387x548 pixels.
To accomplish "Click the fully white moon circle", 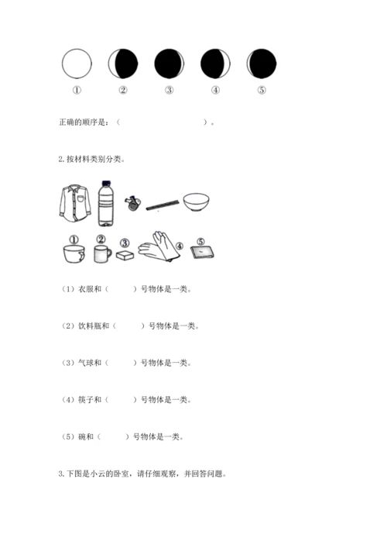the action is tap(77, 64).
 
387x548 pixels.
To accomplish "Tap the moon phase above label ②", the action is tap(123, 64).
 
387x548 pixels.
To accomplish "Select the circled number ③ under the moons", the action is tap(170, 90).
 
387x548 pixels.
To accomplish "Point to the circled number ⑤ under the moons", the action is tap(262, 90).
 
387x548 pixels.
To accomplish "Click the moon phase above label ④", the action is tap(215, 64).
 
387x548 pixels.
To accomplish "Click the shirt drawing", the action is tap(74, 203).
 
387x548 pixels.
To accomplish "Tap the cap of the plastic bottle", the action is tap(105, 183).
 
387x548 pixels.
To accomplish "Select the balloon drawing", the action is tap(132, 203).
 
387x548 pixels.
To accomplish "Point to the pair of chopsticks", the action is tap(163, 205).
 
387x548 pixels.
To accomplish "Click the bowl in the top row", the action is tap(196, 203).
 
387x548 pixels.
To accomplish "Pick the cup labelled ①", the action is tap(74, 253).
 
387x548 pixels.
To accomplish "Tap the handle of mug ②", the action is tap(109, 253).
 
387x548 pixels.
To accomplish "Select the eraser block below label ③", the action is tap(125, 255).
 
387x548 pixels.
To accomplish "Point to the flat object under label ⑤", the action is tap(202, 253).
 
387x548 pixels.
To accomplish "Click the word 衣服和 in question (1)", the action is tap(90, 289).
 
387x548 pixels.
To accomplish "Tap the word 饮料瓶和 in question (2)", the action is tap(94, 326).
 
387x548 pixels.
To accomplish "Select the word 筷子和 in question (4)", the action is tap(90, 400).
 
